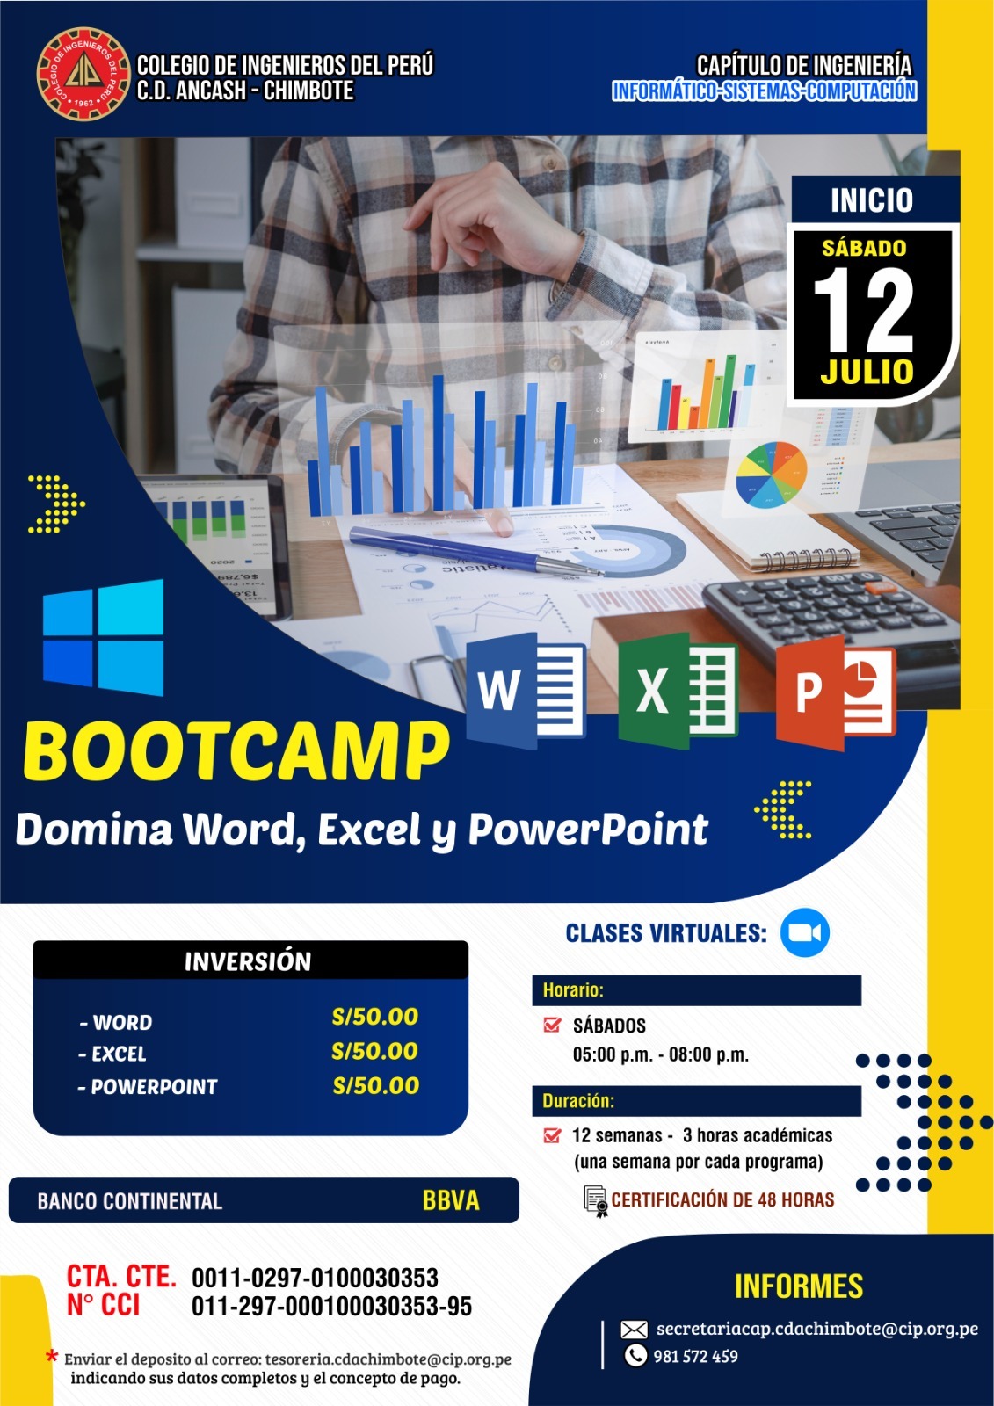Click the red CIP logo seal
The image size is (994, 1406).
click(x=83, y=74)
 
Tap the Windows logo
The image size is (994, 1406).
click(x=103, y=637)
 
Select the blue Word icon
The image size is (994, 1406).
click(x=526, y=690)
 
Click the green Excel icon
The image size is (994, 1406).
click(x=678, y=690)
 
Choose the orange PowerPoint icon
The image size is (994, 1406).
click(x=836, y=693)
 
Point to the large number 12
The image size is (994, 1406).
click(x=863, y=309)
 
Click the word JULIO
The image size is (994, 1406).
click(x=867, y=372)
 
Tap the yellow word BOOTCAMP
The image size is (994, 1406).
click(x=236, y=751)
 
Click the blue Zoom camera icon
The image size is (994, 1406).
click(x=804, y=932)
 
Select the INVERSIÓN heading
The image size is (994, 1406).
click(x=248, y=961)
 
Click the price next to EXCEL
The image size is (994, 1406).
click(x=375, y=1051)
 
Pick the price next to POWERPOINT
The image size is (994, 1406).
click(x=375, y=1086)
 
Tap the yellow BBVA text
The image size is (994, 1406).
click(x=451, y=1200)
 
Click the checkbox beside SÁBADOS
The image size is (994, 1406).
click(x=552, y=1025)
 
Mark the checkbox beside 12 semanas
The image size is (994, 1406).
click(x=552, y=1135)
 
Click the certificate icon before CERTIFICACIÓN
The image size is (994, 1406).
click(x=595, y=1201)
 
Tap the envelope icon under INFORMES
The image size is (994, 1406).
click(x=634, y=1330)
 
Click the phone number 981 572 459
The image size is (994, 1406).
click(x=696, y=1357)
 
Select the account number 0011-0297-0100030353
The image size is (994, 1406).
click(x=315, y=1278)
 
